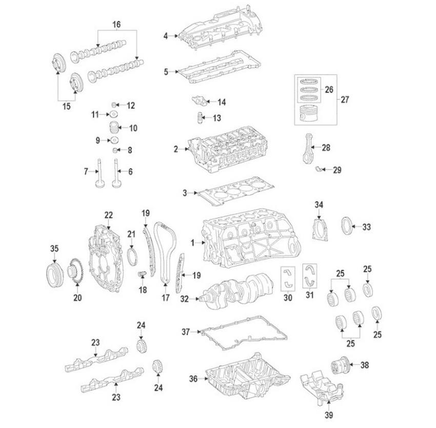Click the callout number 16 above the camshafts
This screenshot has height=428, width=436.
tap(116, 24)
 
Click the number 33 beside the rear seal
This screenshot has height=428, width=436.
tap(367, 226)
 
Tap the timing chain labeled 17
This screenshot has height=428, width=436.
tap(165, 251)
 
